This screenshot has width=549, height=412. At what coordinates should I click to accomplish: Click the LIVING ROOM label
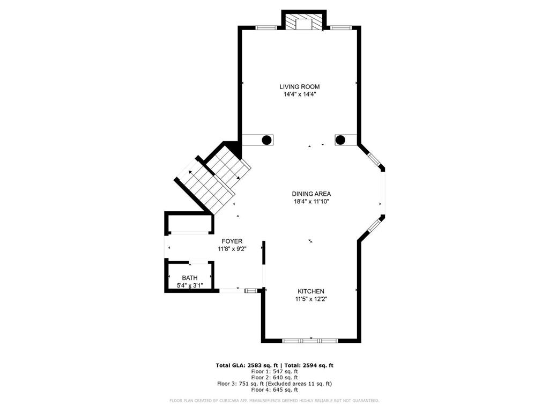pyautogui.click(x=299, y=86)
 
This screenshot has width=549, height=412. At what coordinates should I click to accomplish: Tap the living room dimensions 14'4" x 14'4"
pyautogui.click(x=299, y=94)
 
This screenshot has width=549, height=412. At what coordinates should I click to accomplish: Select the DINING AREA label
pyautogui.click(x=311, y=194)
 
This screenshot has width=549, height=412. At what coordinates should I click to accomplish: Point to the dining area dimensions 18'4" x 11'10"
pyautogui.click(x=311, y=202)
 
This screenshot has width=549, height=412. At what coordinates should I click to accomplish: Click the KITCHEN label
pyautogui.click(x=311, y=291)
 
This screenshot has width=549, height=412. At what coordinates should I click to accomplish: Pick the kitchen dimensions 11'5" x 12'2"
pyautogui.click(x=311, y=299)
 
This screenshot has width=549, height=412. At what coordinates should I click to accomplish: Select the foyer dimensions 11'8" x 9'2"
pyautogui.click(x=232, y=249)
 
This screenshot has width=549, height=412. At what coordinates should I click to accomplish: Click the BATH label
pyautogui.click(x=189, y=277)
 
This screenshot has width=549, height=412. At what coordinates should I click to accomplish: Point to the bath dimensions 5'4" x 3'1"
pyautogui.click(x=189, y=285)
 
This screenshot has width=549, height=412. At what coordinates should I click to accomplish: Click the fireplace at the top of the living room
pyautogui.click(x=304, y=23)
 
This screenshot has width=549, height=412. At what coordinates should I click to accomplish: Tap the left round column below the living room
pyautogui.click(x=266, y=140)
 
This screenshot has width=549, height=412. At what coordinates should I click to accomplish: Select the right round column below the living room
pyautogui.click(x=340, y=140)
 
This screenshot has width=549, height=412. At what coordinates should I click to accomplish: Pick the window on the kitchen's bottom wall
pyautogui.click(x=310, y=340)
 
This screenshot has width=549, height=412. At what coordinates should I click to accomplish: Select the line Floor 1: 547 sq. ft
pyautogui.click(x=274, y=371)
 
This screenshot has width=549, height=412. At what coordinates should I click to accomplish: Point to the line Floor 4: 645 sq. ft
pyautogui.click(x=274, y=389)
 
